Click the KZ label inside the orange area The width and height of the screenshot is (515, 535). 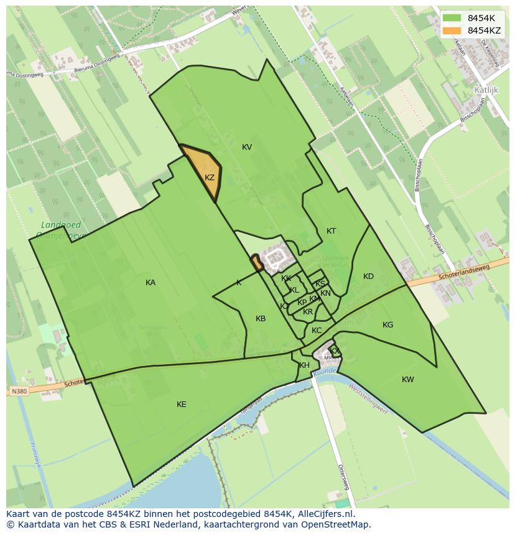point(210,178)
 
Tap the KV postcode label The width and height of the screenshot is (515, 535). point(247,147)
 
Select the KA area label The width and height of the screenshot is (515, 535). point(151,283)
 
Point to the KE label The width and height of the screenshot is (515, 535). point(181,405)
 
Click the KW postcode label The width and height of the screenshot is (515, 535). point(407,380)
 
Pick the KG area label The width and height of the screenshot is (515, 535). point(387,325)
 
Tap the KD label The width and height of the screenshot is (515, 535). point(368,277)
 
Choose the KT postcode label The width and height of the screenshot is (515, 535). point(332,231)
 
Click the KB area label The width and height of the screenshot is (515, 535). point(261,319)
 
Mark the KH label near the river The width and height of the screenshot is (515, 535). point(304,365)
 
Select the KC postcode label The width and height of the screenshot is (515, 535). point(317,331)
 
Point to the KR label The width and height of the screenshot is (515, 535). point(308,312)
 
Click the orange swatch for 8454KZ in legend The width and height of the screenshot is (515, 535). point(452,30)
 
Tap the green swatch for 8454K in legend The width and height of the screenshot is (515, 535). point(452,18)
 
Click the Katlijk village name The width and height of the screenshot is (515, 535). point(486,89)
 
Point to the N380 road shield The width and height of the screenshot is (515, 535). point(19,391)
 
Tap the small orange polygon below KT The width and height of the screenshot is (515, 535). point(256,263)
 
